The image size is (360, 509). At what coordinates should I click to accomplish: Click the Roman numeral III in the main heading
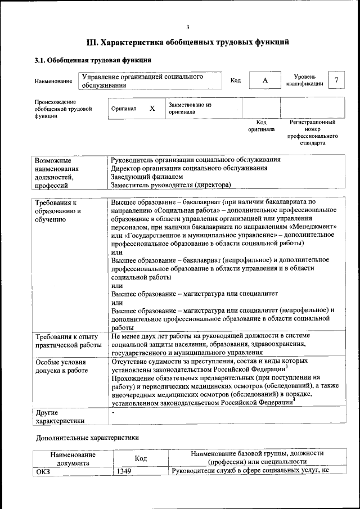point(92,42)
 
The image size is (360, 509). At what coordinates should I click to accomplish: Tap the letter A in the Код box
point(264,80)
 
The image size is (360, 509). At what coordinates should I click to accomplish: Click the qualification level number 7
point(336,80)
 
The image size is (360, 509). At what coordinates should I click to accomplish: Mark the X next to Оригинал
point(152,108)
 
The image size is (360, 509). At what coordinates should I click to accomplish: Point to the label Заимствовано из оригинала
point(190,108)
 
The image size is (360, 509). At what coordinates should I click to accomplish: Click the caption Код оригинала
point(262,125)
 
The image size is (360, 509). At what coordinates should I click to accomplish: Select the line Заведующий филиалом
point(139,176)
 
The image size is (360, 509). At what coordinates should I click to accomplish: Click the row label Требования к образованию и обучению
point(58,210)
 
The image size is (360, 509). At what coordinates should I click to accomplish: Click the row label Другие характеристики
point(60,417)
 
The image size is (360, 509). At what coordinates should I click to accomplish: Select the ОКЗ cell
point(43,471)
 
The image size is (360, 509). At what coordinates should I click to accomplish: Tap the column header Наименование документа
point(73,458)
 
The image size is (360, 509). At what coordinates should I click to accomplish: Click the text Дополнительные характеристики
point(87,437)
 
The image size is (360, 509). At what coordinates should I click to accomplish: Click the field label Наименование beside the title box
point(53,81)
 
